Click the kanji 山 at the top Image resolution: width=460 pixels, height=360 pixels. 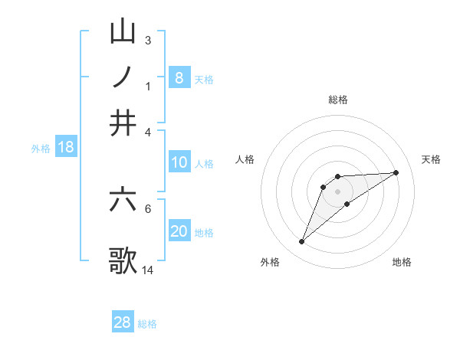[x=123, y=32]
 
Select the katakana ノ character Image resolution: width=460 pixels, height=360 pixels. [x=123, y=77]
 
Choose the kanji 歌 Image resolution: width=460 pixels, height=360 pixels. [x=123, y=259]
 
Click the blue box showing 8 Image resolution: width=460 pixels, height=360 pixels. [x=179, y=77]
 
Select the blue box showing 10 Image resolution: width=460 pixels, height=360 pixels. [x=179, y=162]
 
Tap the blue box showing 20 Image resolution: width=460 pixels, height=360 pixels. [x=179, y=231]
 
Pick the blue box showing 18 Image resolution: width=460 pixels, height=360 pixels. [x=65, y=147]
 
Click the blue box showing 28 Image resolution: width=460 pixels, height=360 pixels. [x=122, y=322]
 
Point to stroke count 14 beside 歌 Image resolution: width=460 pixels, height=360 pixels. [x=148, y=270]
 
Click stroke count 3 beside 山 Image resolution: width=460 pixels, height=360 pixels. [x=147, y=40]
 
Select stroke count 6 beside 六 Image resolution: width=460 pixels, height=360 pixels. [x=147, y=208]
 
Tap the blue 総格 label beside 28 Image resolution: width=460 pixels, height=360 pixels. [x=147, y=324]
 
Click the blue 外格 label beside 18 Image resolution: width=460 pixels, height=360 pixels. [x=40, y=149]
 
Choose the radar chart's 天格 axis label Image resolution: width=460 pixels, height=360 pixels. [x=431, y=159]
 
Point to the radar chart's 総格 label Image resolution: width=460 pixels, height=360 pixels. [x=337, y=100]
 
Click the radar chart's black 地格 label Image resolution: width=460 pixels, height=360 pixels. [x=402, y=262]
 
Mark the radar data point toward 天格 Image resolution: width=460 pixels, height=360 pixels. [x=396, y=172]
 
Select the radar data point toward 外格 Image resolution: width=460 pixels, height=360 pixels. [x=302, y=242]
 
